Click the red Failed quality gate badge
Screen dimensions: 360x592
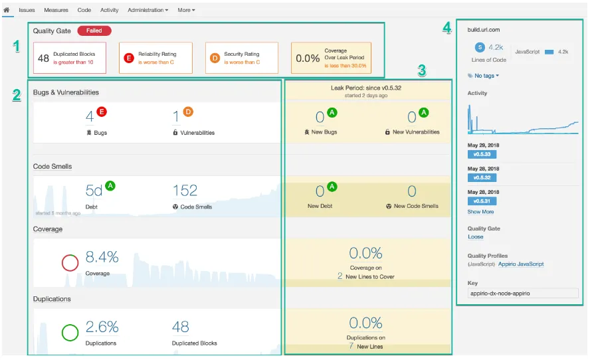click(94, 31)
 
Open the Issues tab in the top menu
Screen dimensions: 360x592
click(27, 10)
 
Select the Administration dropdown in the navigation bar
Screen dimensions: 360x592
click(148, 10)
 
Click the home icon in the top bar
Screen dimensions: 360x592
click(7, 10)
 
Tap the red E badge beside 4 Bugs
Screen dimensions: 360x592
click(102, 112)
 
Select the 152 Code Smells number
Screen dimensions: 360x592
click(185, 191)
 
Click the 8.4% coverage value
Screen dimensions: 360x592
click(102, 257)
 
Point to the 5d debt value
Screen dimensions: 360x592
click(94, 191)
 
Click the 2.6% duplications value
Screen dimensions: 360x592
click(102, 326)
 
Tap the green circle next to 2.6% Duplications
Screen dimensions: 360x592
click(70, 331)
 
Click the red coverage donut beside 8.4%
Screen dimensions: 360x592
click(70, 262)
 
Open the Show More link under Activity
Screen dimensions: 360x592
click(480, 212)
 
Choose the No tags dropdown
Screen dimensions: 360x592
click(483, 76)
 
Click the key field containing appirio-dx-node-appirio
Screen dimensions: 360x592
click(523, 293)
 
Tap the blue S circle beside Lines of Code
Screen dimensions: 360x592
click(480, 47)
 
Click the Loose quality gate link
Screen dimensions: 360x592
click(475, 236)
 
